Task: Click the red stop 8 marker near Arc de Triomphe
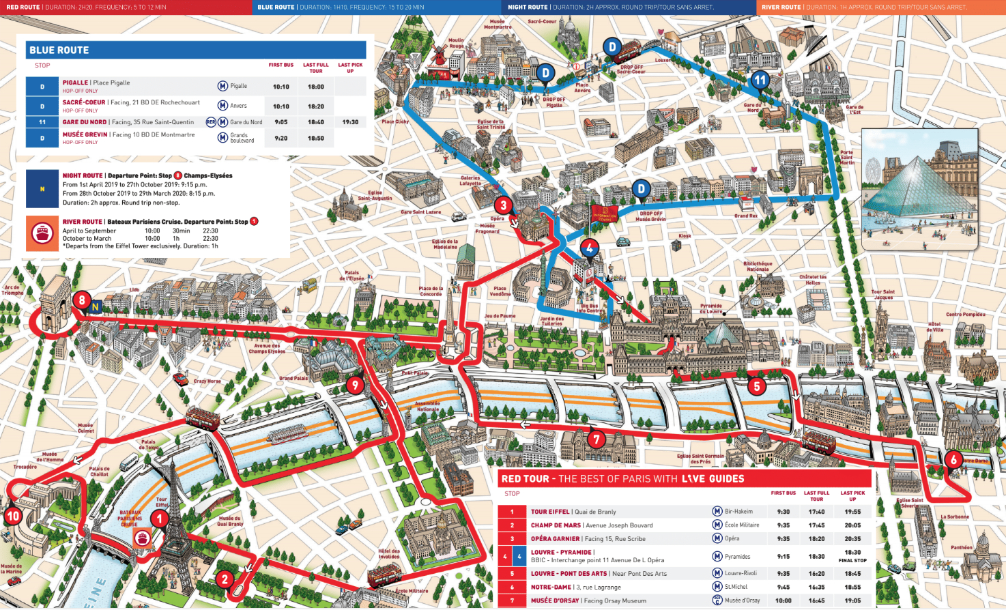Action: click(82, 300)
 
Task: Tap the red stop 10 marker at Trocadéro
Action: click(13, 516)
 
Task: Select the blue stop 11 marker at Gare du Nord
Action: click(760, 80)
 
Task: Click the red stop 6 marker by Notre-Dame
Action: click(953, 460)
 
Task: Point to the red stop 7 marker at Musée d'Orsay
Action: click(597, 439)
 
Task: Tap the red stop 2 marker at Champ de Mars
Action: click(225, 579)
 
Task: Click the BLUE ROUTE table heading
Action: click(59, 50)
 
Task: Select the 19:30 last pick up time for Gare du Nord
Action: click(350, 122)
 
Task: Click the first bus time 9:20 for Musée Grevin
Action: click(281, 138)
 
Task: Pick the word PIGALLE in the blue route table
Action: click(75, 83)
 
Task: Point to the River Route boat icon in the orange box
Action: click(42, 233)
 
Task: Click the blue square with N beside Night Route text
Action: click(42, 189)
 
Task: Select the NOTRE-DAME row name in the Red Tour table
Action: click(551, 587)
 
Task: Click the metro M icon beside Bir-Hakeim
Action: click(717, 511)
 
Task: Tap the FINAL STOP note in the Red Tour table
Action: click(852, 560)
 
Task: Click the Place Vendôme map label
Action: click(500, 291)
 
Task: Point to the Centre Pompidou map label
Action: click(965, 315)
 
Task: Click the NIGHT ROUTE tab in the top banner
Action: click(528, 7)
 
